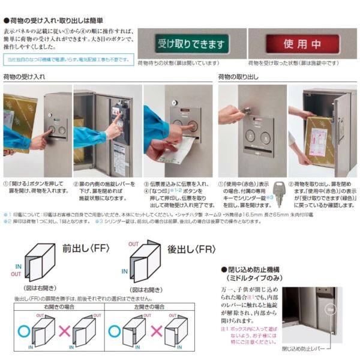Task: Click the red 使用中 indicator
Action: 302,44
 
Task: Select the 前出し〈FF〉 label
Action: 84,248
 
